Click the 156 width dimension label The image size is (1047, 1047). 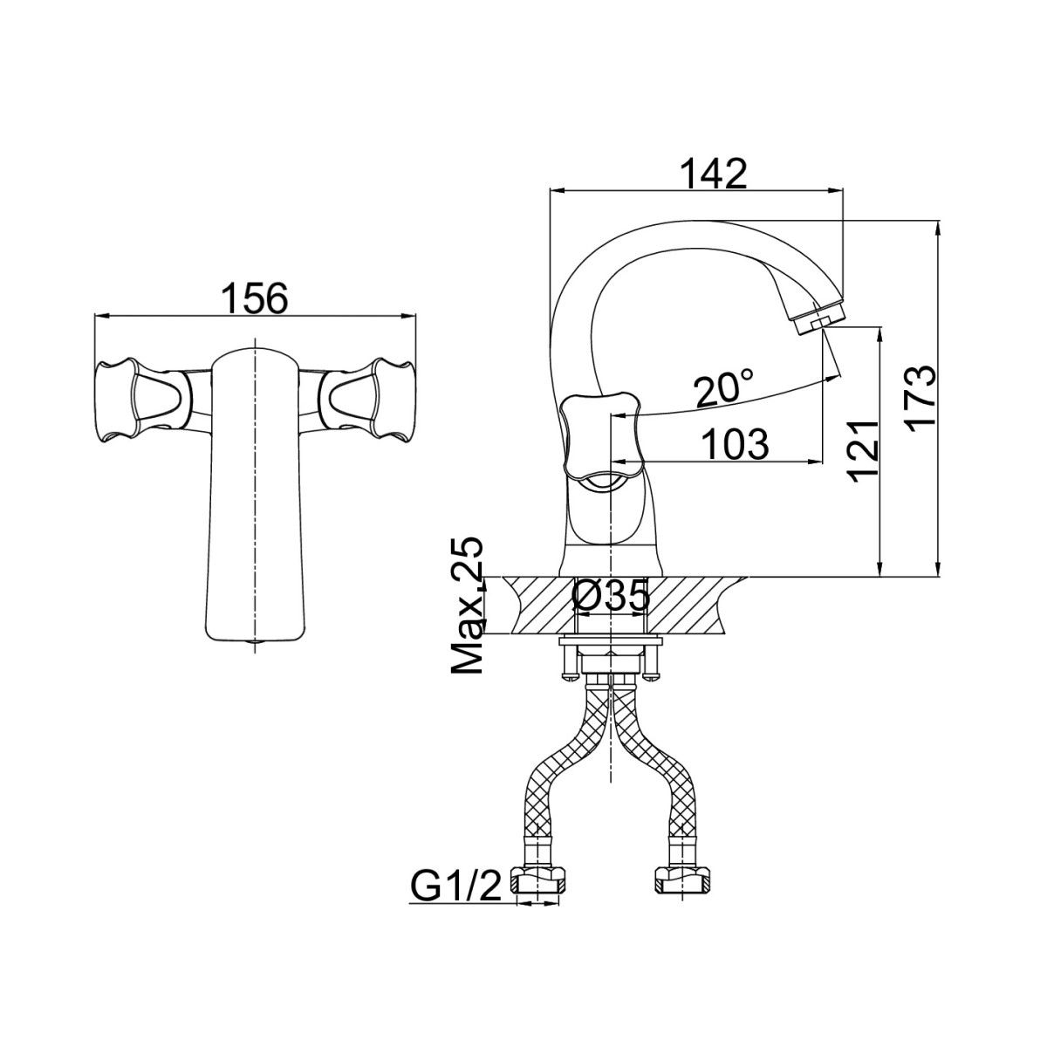pos(256,298)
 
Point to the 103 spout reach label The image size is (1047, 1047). pos(735,444)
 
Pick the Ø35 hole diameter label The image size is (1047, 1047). pos(612,597)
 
